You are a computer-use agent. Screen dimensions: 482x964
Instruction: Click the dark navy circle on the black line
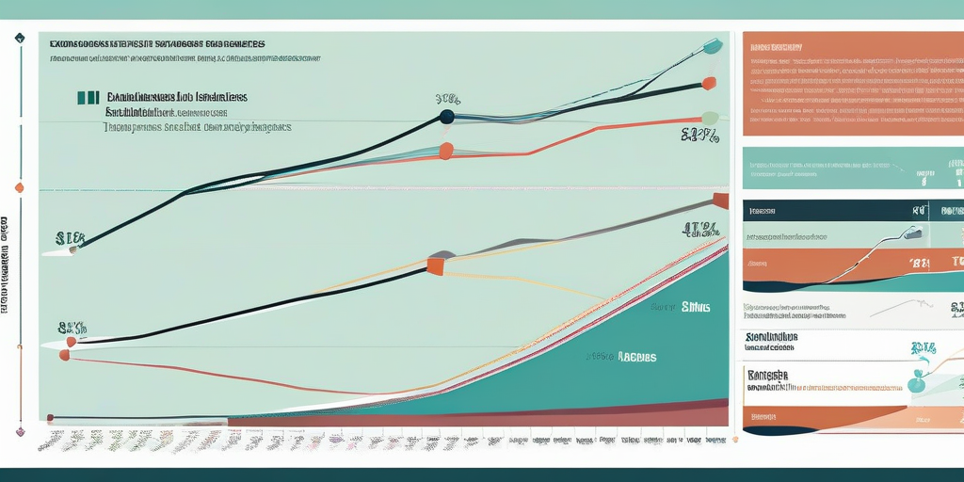coord(446,117)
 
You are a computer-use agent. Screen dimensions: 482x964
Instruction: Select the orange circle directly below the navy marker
coord(446,151)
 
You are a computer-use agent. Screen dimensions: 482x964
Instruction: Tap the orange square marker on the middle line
coord(435,266)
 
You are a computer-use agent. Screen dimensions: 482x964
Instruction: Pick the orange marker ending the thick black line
coord(709,83)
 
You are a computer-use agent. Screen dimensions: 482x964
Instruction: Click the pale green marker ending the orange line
coord(710,119)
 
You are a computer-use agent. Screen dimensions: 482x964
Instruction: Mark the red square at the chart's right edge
coord(721,200)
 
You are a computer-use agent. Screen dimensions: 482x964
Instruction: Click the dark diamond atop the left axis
coord(19,39)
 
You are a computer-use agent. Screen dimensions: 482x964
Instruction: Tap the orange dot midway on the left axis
coord(19,187)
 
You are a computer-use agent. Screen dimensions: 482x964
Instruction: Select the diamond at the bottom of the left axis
coord(19,431)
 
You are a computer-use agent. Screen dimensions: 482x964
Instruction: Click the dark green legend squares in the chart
coord(88,97)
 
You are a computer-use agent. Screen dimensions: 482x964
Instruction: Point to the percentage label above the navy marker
coord(447,99)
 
